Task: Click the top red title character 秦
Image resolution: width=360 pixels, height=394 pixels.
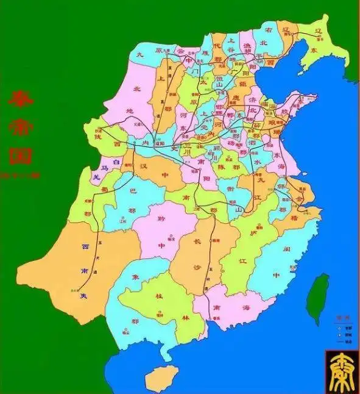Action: click(x=20, y=100)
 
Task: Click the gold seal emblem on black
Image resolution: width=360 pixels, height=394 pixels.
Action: click(x=341, y=371)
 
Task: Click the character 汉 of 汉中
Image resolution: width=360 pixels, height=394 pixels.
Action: click(x=142, y=167)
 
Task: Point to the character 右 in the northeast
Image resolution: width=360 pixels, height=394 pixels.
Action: click(x=267, y=29)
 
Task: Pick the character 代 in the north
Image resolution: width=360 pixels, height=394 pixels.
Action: click(x=217, y=44)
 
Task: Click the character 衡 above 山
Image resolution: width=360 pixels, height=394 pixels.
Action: click(x=230, y=189)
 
